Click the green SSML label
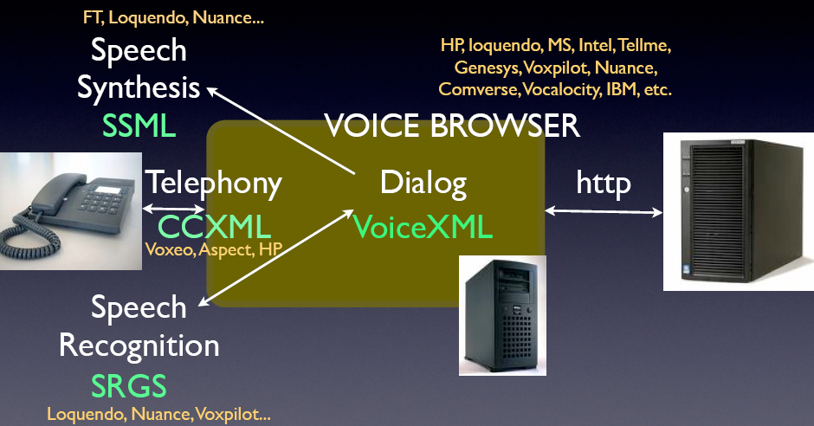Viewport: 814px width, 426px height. [x=139, y=126]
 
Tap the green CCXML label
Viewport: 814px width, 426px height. [x=214, y=228]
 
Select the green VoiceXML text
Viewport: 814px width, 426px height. [x=423, y=227]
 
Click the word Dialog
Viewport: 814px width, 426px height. [x=423, y=183]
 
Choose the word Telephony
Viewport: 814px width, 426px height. [x=213, y=183]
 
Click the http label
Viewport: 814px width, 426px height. [x=604, y=183]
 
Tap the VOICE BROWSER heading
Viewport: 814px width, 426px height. [x=451, y=126]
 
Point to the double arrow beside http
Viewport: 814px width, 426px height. [x=604, y=210]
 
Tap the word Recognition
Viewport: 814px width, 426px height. [x=139, y=346]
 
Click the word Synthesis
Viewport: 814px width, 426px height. [x=139, y=87]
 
